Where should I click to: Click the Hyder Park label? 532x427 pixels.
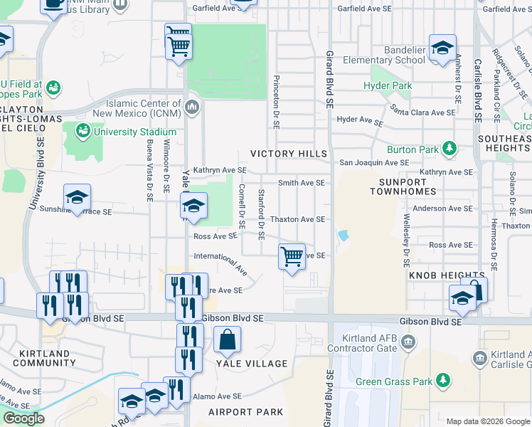point(388,86)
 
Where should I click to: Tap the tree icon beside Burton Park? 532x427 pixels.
point(449,149)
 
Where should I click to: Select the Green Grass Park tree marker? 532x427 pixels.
point(444,381)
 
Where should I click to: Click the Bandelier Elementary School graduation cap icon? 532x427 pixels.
point(442,49)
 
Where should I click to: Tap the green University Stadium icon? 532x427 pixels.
point(83,132)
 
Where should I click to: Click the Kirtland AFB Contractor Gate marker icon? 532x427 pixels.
point(409,342)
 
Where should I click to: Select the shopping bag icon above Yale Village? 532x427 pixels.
point(227,340)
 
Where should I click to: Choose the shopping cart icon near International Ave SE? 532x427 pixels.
point(292,256)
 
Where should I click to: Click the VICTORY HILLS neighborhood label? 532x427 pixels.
point(289,154)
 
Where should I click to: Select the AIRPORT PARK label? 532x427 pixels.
point(245,412)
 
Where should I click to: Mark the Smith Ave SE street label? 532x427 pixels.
point(301,183)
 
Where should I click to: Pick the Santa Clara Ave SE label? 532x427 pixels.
point(423,112)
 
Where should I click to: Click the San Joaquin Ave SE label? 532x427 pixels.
point(373,162)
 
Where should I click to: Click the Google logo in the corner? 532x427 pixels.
point(23,419)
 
